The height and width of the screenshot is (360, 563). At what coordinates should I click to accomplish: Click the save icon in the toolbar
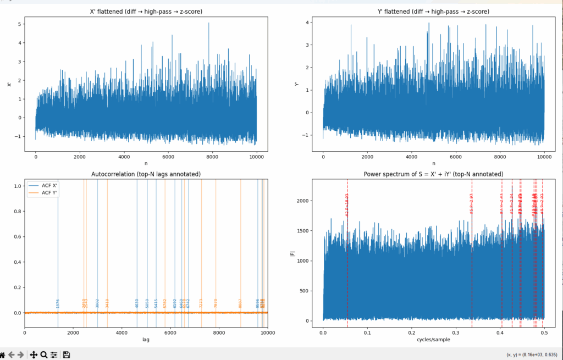(67, 355)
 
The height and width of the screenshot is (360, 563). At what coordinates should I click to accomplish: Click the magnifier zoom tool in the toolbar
(43, 355)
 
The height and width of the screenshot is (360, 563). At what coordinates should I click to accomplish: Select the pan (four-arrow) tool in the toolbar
(33, 355)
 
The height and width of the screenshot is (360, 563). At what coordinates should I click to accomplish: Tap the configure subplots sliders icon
(54, 355)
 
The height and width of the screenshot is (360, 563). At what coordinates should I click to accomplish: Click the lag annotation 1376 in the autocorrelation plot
(58, 303)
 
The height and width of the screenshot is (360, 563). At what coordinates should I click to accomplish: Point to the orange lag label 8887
(240, 303)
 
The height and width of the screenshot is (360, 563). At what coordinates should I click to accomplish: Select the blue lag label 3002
(97, 303)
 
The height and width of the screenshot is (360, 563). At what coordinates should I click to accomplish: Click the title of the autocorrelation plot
(146, 174)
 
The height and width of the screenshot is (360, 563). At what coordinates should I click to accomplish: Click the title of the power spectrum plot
(433, 174)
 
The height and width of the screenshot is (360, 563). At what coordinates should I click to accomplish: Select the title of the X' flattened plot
(146, 11)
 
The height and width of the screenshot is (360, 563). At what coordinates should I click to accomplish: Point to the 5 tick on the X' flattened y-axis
(20, 24)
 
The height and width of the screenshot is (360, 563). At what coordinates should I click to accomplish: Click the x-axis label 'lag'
(146, 340)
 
